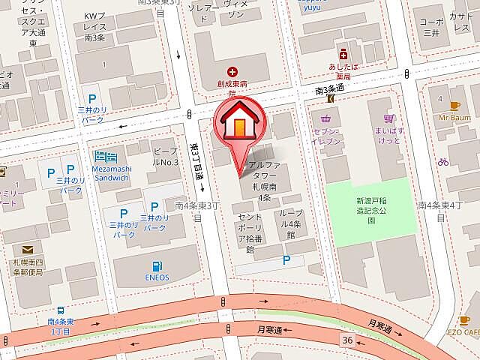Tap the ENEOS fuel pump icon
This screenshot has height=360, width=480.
pyautogui.click(x=157, y=266)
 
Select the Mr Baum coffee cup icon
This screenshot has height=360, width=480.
pyautogui.click(x=454, y=106)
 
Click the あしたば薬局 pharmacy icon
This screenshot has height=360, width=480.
pyautogui.click(x=343, y=54)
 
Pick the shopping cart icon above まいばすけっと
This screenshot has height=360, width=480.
pyautogui.click(x=388, y=119)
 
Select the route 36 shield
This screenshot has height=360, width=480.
pyautogui.click(x=346, y=340)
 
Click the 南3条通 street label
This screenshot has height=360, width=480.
pyautogui.click(x=329, y=89)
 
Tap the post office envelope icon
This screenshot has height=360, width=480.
pyautogui.click(x=28, y=250)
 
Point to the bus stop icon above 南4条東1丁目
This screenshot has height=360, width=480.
pyautogui.click(x=60, y=310)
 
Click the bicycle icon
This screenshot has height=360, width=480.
pyautogui.click(x=443, y=161)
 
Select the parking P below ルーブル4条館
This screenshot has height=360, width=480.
pyautogui.click(x=286, y=259)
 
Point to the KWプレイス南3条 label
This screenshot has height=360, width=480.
pyautogui.click(x=97, y=26)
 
